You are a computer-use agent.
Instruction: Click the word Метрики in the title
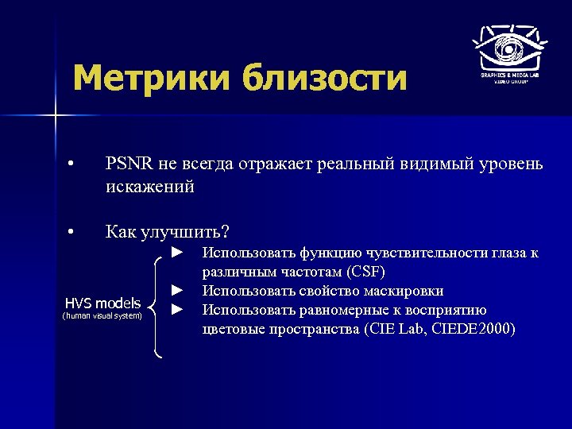[150, 79]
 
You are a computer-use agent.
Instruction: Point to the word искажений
[149, 188]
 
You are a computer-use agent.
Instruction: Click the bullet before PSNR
[71, 165]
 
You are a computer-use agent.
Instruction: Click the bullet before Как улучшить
[71, 233]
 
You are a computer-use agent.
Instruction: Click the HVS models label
[102, 303]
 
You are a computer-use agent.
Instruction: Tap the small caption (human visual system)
[102, 316]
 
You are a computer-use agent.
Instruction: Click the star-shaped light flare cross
[56, 117]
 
